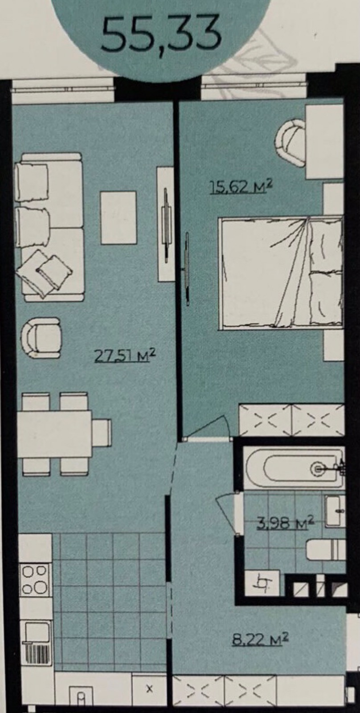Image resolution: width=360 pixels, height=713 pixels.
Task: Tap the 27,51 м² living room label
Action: point(125,355)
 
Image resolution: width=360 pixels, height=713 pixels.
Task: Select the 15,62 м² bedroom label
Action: point(241,187)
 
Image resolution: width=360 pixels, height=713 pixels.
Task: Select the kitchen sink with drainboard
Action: point(36,640)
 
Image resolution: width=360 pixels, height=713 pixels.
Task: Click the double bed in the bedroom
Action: point(282,271)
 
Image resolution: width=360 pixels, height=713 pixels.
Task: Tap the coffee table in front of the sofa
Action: point(119,217)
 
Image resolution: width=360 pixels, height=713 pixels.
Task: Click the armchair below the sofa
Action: point(41,338)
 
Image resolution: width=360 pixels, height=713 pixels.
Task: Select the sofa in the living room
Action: point(49,227)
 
